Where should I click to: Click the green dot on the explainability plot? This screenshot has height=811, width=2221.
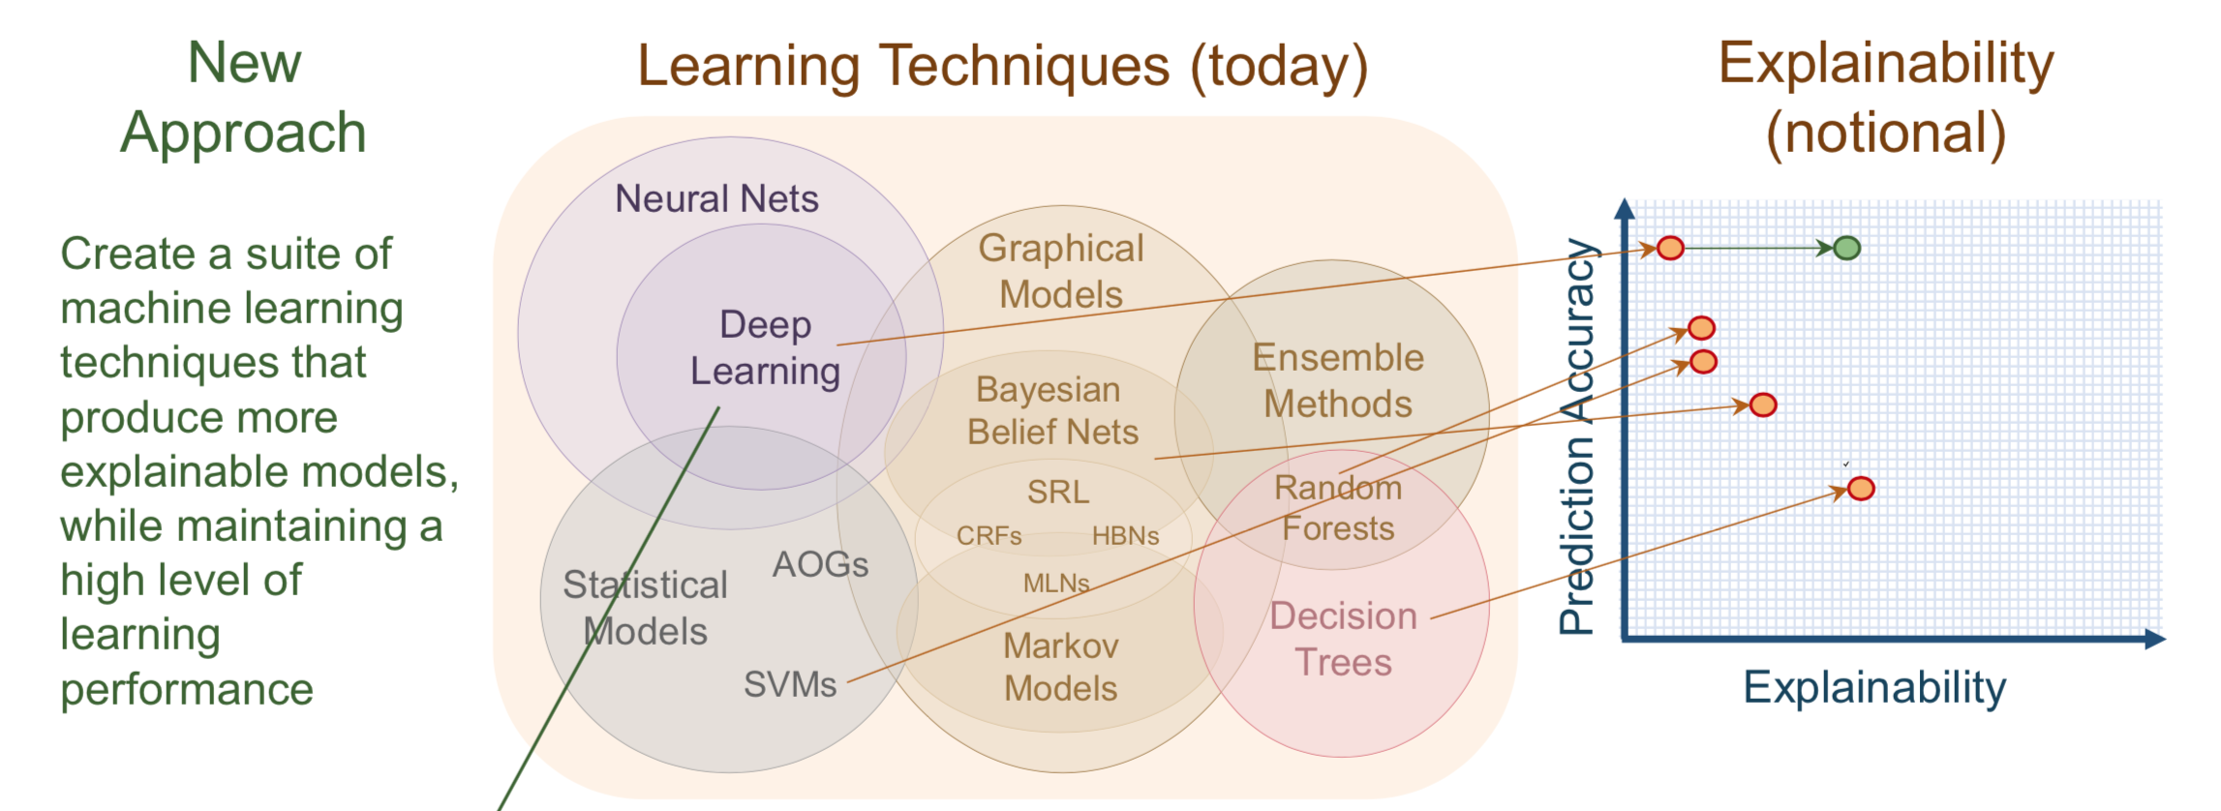(1846, 249)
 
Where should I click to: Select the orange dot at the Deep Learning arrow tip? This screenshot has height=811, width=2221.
(1670, 248)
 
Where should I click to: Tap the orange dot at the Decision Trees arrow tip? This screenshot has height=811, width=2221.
(1860, 489)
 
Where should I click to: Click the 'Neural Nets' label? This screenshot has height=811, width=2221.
(716, 199)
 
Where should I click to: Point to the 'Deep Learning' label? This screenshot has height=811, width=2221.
(765, 347)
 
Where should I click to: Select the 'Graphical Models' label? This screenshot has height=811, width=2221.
(1061, 271)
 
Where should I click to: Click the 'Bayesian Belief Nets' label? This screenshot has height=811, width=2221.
(1051, 410)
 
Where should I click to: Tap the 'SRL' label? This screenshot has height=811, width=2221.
(1057, 492)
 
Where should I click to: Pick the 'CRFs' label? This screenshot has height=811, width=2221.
(989, 536)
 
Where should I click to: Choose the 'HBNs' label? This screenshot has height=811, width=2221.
(1125, 536)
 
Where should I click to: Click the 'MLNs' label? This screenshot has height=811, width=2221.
(1056, 584)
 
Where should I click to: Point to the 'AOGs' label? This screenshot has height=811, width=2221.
(820, 564)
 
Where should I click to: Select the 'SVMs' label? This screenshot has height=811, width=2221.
(789, 684)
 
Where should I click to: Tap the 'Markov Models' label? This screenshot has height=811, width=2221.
(1060, 667)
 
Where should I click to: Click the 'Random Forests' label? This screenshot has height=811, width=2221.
(1338, 508)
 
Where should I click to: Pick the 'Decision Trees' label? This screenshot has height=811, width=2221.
(1343, 639)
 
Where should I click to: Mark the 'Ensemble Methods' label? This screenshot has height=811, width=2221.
(1338, 380)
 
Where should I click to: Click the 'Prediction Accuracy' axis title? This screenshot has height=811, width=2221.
(1577, 436)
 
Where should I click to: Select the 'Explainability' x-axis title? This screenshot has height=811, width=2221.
(1874, 688)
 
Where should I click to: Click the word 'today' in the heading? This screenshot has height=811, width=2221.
(1278, 67)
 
